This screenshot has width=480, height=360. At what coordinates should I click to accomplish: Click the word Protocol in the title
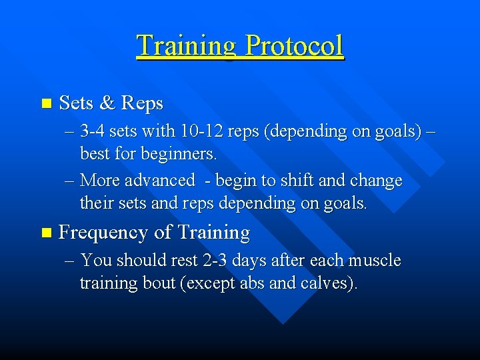click(x=294, y=45)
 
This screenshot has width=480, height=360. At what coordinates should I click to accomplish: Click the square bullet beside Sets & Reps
click(x=45, y=104)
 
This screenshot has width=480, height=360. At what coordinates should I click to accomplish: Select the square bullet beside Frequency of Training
click(x=45, y=233)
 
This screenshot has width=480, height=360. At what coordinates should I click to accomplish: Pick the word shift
click(x=302, y=181)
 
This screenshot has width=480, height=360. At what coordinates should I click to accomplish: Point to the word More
click(x=99, y=181)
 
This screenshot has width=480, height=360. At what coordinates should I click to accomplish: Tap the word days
click(x=243, y=261)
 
